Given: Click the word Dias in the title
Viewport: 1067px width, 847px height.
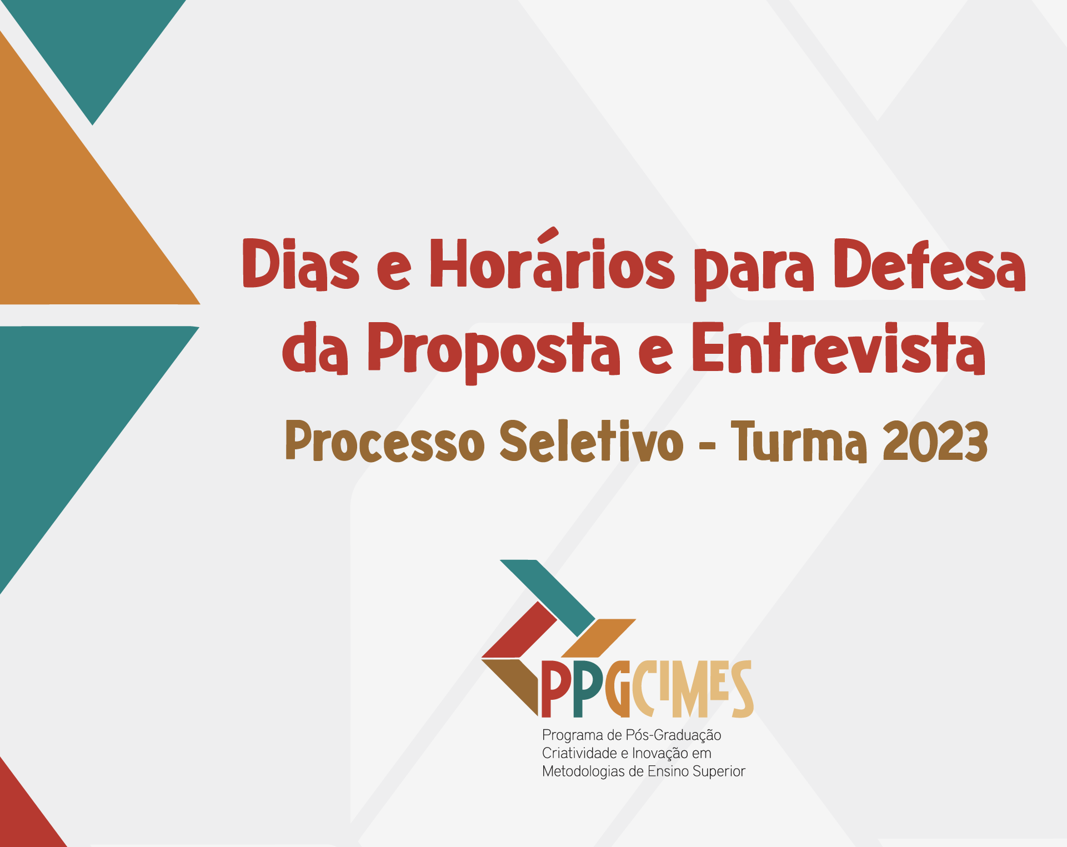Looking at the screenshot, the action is tap(301, 264).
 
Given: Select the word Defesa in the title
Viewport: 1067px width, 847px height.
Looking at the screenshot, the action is tap(930, 264).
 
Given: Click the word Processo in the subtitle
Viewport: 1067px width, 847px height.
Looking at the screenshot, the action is tap(385, 441).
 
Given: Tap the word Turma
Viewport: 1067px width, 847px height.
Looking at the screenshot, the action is tap(799, 441).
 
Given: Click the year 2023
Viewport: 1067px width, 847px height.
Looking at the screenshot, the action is tap(935, 441).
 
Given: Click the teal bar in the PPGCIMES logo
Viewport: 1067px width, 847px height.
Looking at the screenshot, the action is tap(548, 598).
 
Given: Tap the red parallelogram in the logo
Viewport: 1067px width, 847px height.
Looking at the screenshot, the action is tap(519, 630).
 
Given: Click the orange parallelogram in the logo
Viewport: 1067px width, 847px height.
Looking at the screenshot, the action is tap(598, 638).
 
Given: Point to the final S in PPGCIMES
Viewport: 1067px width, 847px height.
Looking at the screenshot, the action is tap(742, 689).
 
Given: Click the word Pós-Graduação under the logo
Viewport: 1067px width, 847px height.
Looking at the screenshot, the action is tap(673, 735).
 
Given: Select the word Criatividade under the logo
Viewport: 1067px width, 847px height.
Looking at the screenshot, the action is tap(579, 753).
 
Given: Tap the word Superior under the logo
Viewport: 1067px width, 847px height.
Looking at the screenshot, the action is tap(718, 771).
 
